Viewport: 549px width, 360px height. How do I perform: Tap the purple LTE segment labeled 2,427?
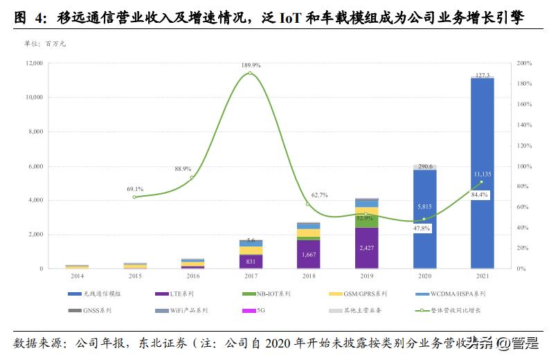(x=367, y=247)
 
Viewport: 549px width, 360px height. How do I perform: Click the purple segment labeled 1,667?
(x=309, y=254)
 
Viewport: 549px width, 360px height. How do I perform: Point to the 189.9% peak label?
(x=251, y=65)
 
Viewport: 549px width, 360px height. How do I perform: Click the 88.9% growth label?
(x=183, y=169)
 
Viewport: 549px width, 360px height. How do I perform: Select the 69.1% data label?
(x=135, y=189)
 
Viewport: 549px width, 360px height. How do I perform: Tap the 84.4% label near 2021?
(x=479, y=195)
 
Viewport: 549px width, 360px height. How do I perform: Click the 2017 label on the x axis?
(x=251, y=276)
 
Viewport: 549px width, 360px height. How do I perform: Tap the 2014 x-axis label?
(x=77, y=276)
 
